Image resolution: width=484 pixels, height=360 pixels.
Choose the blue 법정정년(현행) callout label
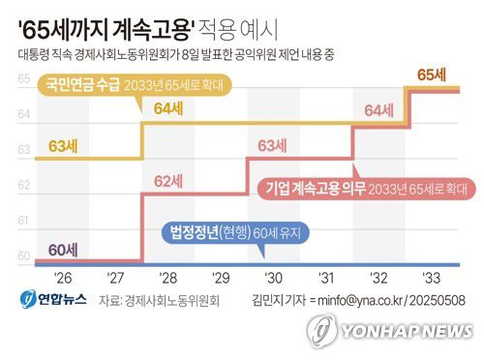215,233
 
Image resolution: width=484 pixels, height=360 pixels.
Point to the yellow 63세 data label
62,146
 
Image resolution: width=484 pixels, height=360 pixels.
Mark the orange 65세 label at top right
431,75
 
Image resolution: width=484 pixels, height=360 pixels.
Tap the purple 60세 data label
62,249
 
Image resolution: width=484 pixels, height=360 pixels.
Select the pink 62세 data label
168,180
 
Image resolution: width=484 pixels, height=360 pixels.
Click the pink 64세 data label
380,110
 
